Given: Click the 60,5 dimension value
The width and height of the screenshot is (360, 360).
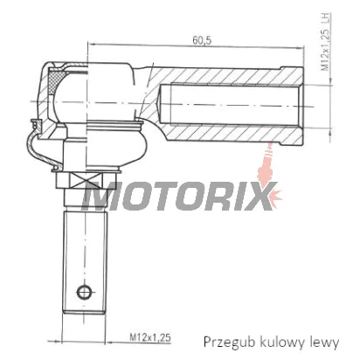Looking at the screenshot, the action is tap(202, 40).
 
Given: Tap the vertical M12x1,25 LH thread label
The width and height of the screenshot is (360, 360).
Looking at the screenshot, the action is tap(326, 42).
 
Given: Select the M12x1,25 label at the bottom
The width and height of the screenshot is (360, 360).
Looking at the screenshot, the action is tap(150, 337).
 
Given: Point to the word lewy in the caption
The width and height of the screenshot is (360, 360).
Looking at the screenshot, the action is tap(322, 343).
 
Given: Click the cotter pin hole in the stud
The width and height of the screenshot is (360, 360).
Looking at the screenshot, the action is tap(84, 291).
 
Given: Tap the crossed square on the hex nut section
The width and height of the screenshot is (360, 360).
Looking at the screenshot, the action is tap(86, 180).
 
